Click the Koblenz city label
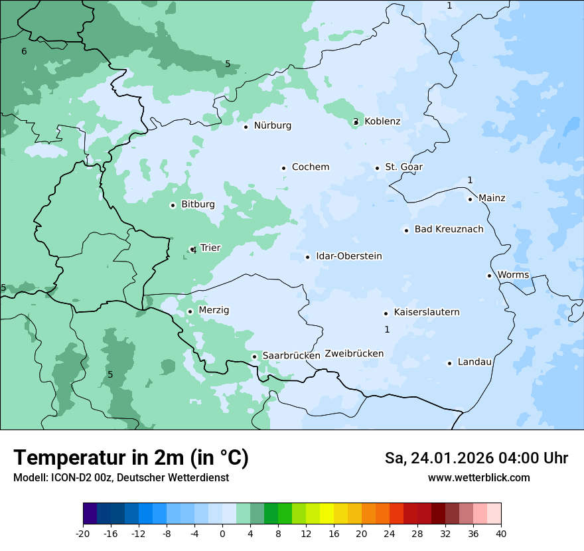pyautogui.click(x=382, y=121)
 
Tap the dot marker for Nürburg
pyautogui.click(x=246, y=127)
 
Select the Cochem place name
pyautogui.click(x=311, y=167)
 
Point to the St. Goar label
pyautogui.click(x=403, y=167)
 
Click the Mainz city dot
pyautogui.click(x=470, y=199)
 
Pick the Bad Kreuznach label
pyautogui.click(x=449, y=230)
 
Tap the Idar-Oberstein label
pyautogui.click(x=349, y=256)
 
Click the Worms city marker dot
pyautogui.click(x=489, y=275)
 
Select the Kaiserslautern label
pyautogui.click(x=427, y=313)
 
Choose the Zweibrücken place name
pyautogui.click(x=354, y=354)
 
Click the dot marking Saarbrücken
pyautogui.click(x=254, y=356)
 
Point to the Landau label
pyautogui.click(x=475, y=362)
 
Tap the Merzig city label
pyautogui.click(x=214, y=311)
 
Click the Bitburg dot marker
pyautogui.click(x=173, y=205)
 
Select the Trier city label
pyautogui.click(x=210, y=248)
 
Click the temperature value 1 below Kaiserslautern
pyautogui.click(x=387, y=329)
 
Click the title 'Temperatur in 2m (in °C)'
pyautogui.click(x=131, y=457)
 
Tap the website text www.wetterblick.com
pyautogui.click(x=478, y=477)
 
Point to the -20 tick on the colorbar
pyautogui.click(x=83, y=534)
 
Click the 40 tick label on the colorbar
pyautogui.click(x=501, y=534)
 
